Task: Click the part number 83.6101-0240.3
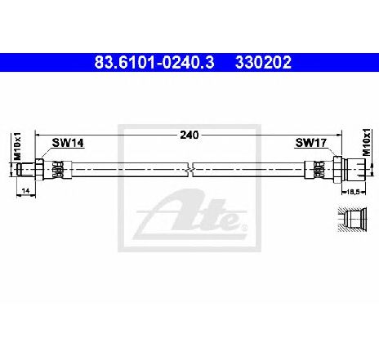coord(154,62)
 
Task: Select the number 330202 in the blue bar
coord(263,62)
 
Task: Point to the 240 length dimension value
coord(189,135)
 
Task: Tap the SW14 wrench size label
coord(68,143)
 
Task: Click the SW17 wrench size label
coord(310,143)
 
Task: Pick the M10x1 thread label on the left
coord(17,146)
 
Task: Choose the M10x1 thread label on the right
coord(367,142)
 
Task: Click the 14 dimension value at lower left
coord(25,191)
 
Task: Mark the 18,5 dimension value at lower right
coord(354,192)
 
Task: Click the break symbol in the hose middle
coord(189,170)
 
